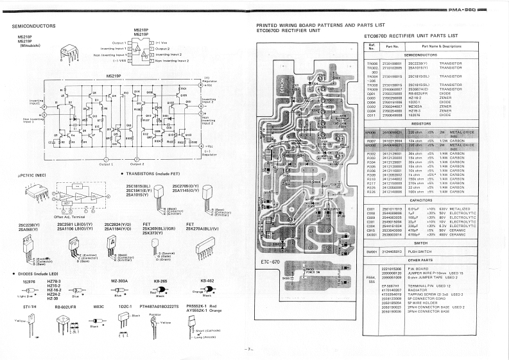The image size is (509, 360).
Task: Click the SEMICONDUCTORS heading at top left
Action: [34, 26]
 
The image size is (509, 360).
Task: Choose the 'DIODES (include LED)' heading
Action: [37, 274]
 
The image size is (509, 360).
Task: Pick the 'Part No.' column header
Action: [392, 47]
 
